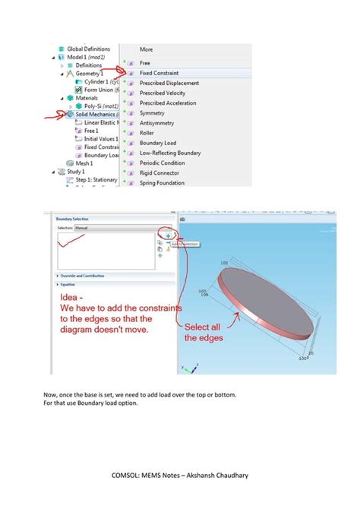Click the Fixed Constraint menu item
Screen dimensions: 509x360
coord(160,73)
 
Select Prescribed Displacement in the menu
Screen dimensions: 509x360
coord(169,83)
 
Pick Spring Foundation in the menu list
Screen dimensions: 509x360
coord(163,182)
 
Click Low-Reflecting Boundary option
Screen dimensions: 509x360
coord(170,153)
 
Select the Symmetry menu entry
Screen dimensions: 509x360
coord(152,112)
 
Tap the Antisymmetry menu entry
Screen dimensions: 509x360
coord(157,122)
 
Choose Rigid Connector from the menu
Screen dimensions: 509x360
coord(159,172)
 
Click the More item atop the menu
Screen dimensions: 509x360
coord(146,49)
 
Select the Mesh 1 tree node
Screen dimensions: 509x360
coord(84,163)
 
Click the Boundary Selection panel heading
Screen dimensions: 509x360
coord(72,219)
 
